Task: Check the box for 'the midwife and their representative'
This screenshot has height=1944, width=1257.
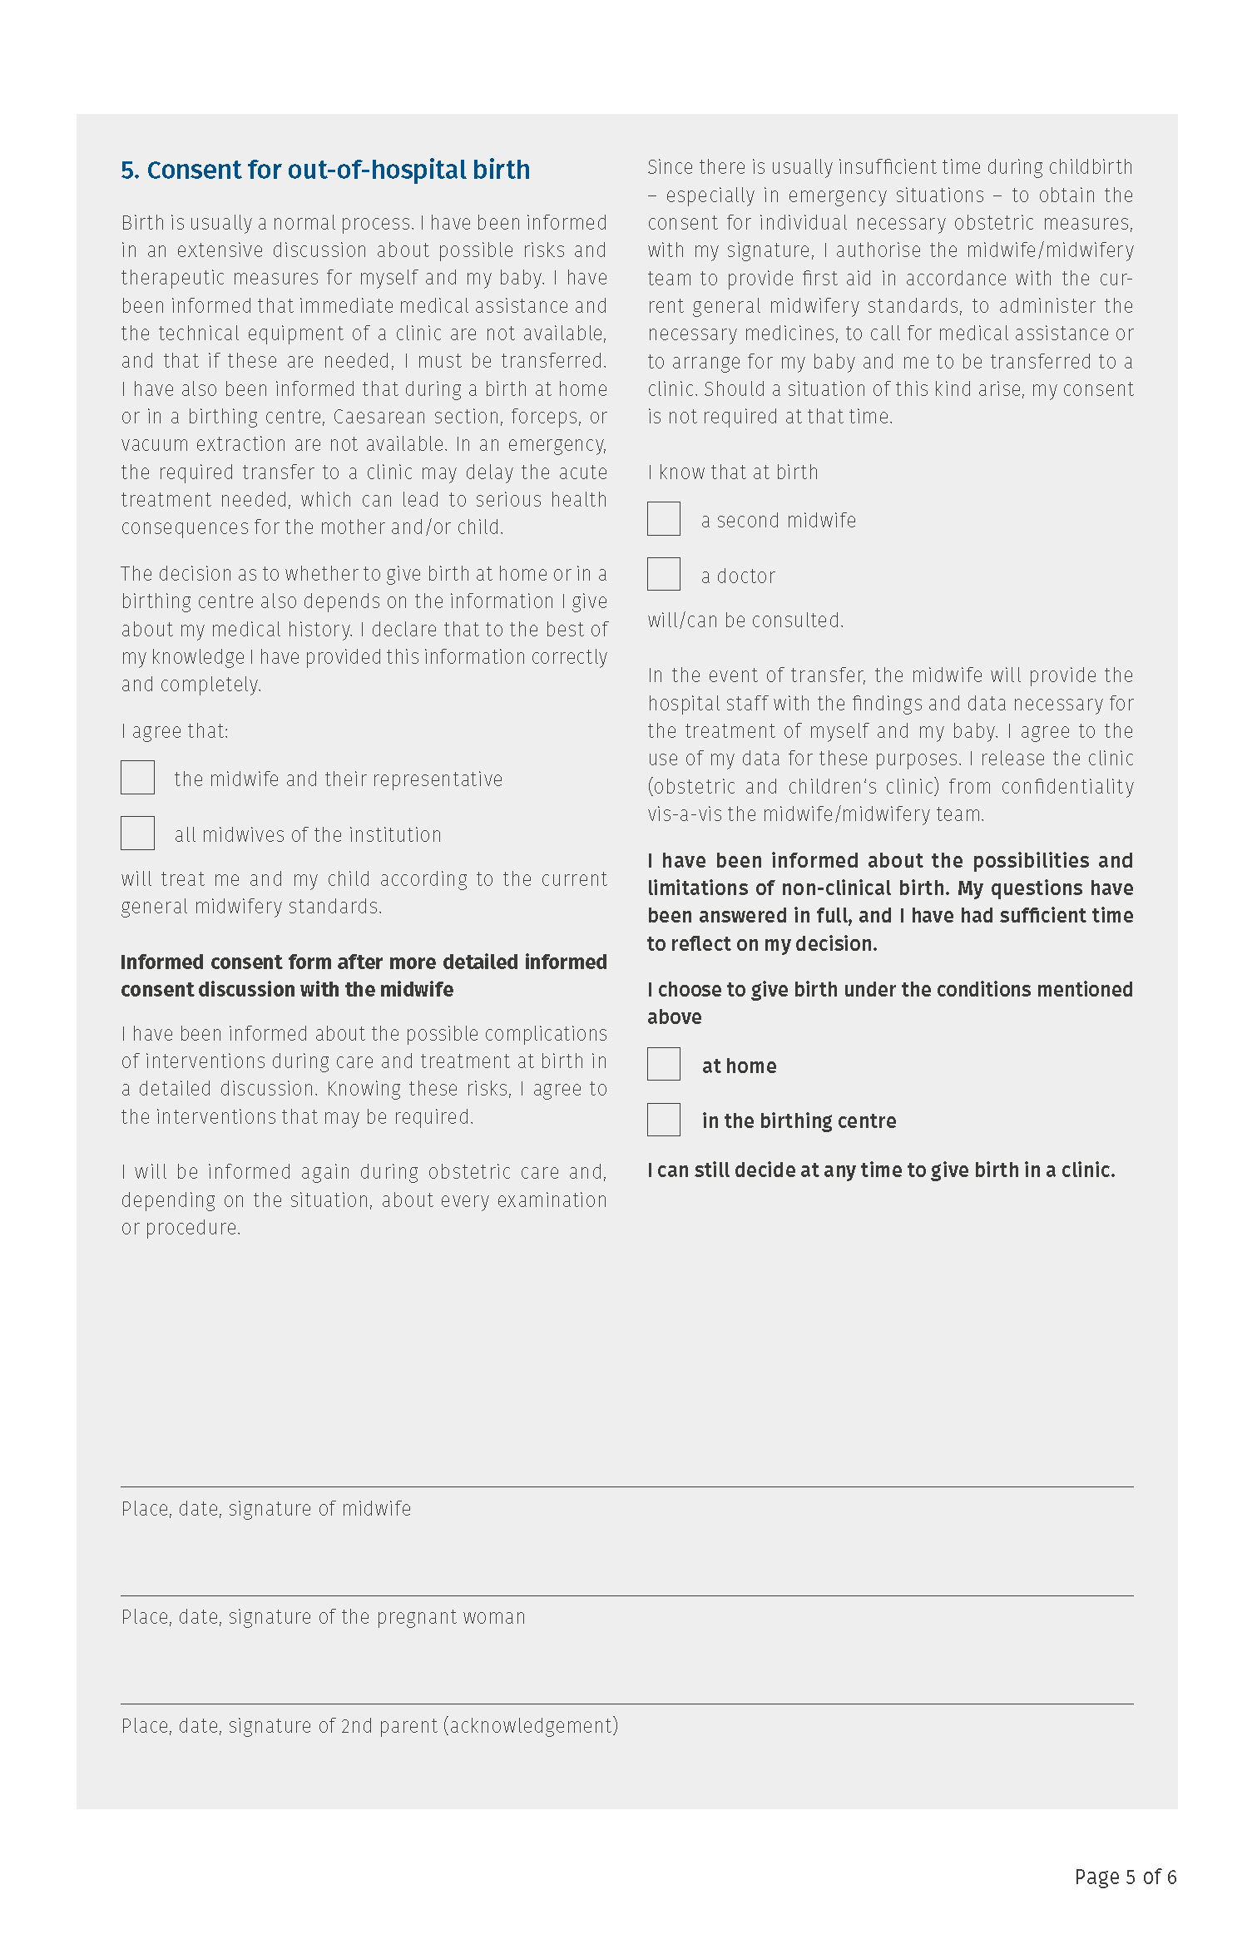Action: (137, 777)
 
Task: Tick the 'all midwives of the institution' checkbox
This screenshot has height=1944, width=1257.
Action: (137, 833)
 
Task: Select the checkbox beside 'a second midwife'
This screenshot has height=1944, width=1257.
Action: (663, 518)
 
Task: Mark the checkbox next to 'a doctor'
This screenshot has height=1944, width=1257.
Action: (663, 574)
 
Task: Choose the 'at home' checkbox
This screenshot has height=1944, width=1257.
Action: (663, 1064)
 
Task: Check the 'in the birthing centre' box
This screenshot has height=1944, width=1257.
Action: (663, 1120)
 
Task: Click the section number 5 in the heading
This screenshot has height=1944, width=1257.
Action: (129, 171)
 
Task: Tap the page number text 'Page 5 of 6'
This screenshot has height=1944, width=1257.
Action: (1125, 1877)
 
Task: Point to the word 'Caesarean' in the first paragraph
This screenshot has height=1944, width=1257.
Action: (378, 417)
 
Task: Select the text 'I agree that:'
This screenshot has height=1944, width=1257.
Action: (175, 731)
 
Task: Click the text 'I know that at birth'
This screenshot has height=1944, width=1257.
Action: (733, 472)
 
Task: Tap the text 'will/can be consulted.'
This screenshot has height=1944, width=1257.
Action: (745, 621)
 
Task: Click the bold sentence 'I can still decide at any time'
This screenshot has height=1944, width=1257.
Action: (881, 1170)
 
